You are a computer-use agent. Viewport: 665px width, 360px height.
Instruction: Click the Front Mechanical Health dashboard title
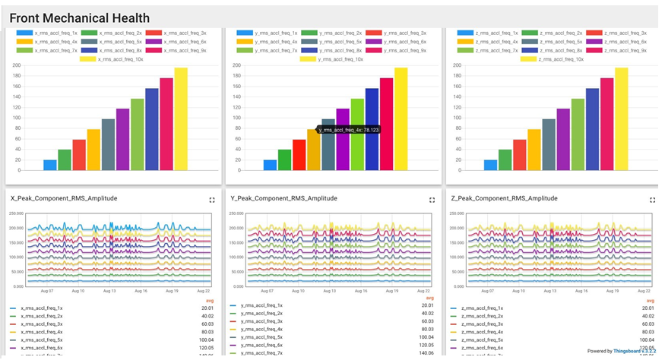point(79,18)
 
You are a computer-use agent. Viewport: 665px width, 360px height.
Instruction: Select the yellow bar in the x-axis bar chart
point(181,118)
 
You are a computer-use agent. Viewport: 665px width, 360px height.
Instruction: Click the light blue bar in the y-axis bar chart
point(270,165)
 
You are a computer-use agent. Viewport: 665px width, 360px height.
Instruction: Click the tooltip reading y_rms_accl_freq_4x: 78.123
point(349,130)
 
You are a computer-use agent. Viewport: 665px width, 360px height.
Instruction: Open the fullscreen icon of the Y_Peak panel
point(432,200)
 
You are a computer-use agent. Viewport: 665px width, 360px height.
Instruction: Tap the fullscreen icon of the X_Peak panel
point(212,200)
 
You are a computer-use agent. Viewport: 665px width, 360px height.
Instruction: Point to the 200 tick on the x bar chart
point(17,65)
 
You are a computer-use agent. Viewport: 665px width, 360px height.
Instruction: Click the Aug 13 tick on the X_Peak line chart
point(109,291)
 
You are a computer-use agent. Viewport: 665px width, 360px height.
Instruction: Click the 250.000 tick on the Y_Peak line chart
point(236,214)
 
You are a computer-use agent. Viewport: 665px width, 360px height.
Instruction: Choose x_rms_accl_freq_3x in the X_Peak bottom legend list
point(43,324)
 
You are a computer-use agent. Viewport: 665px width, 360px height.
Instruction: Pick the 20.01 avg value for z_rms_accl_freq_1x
point(648,308)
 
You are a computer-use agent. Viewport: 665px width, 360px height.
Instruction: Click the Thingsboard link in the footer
point(627,351)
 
